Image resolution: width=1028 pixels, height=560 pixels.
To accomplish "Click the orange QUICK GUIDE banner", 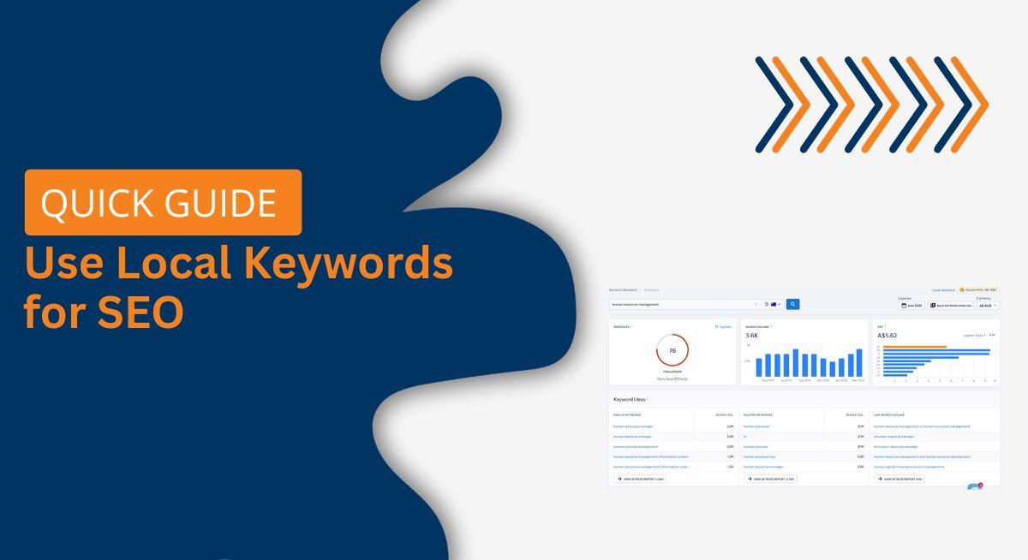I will point(163,202).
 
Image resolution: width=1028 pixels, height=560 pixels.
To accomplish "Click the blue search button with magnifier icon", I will point(793,304).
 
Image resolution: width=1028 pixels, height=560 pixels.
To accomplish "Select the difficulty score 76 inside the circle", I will point(672,351).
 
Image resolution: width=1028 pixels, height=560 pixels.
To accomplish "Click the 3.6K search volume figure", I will point(751,336).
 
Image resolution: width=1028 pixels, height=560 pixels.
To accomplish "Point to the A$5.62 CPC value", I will point(887,336).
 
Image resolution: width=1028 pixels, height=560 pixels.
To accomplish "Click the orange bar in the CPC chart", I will point(914,347).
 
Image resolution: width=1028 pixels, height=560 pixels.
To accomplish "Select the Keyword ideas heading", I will point(631,399).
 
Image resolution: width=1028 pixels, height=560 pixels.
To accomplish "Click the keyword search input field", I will point(681,304).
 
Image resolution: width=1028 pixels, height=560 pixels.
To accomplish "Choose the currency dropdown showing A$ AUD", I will point(988,305).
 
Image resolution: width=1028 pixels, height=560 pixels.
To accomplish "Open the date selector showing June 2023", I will point(911,305).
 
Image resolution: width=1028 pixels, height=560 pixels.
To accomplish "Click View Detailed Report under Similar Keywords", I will point(640,479).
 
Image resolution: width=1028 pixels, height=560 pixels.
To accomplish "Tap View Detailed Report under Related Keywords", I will point(770,479).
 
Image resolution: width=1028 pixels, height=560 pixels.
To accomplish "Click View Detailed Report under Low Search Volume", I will point(899,479).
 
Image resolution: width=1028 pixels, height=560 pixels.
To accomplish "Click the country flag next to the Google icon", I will point(774,304).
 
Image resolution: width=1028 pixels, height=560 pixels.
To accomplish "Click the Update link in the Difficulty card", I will point(724,326).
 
